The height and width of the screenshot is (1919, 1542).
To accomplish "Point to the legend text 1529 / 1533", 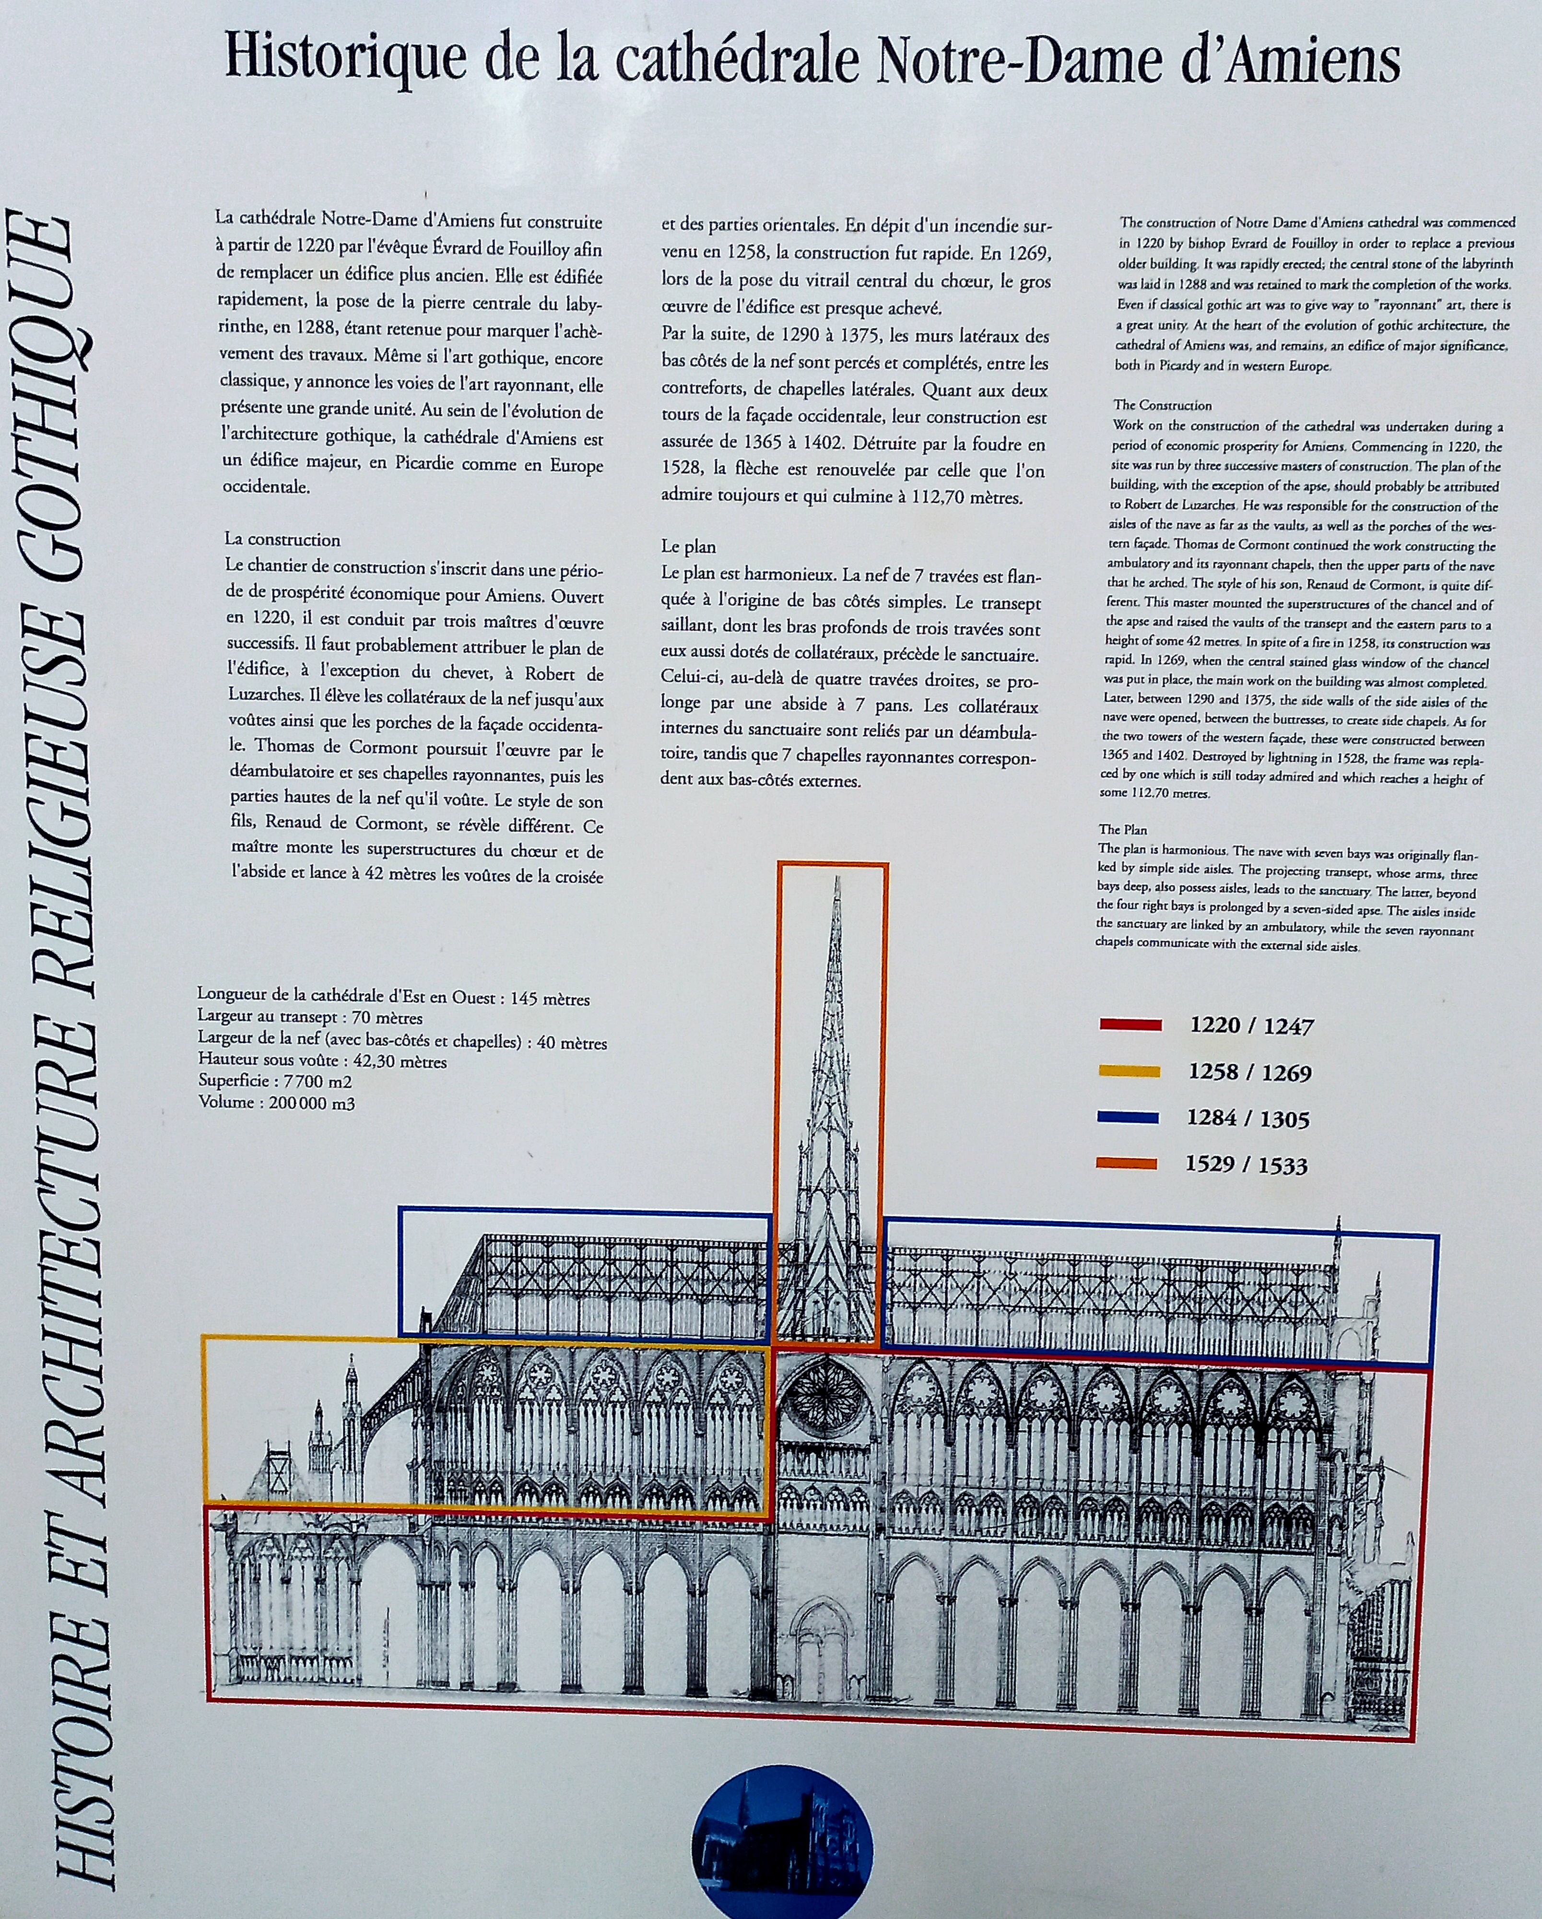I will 1247,1165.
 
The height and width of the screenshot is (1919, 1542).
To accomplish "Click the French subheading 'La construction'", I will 282,540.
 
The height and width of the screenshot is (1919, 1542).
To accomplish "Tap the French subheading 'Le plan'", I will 688,546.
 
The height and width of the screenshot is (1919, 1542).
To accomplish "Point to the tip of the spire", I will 837,881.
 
